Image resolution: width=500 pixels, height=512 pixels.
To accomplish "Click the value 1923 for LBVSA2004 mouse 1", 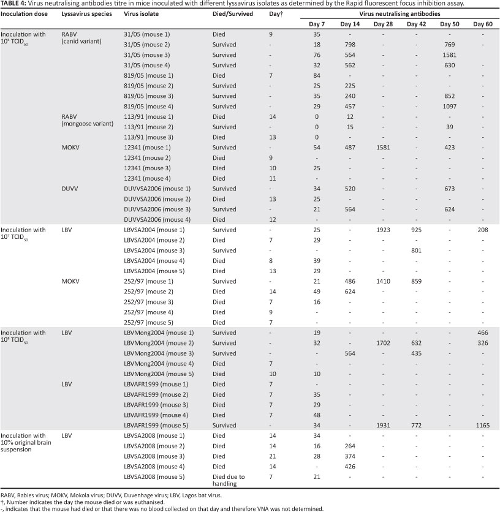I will point(381,230).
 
